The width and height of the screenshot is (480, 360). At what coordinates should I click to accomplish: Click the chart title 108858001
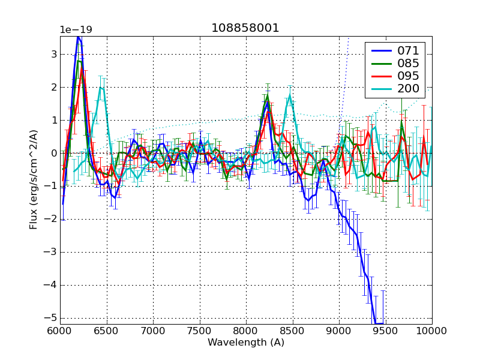[x=245, y=28]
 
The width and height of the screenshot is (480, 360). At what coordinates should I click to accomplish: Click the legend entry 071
[x=408, y=50]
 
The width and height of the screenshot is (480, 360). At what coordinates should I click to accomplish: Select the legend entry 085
[x=408, y=63]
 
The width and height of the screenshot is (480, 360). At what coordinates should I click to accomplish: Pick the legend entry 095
[x=408, y=76]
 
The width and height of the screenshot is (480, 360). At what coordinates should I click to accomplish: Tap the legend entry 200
[x=408, y=89]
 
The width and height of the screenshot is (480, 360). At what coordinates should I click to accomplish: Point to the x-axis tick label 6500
[x=106, y=331]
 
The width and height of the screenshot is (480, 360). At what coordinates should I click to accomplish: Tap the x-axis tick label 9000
[x=339, y=331]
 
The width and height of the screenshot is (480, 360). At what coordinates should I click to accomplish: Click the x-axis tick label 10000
[x=432, y=331]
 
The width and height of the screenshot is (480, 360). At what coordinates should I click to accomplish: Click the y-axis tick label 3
[x=53, y=54]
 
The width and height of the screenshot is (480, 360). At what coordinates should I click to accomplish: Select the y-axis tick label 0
[x=53, y=153]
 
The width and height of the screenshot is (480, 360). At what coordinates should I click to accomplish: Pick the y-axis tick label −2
[x=51, y=219]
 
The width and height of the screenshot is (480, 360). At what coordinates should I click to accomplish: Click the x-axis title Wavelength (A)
[x=245, y=343]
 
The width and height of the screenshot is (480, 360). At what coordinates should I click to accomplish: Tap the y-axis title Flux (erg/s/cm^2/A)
[x=34, y=180]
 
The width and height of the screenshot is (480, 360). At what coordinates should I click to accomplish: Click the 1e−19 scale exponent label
[x=76, y=30]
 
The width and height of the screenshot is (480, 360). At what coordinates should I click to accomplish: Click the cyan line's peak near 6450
[x=101, y=88]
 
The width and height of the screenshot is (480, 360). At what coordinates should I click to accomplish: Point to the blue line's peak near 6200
[x=78, y=37]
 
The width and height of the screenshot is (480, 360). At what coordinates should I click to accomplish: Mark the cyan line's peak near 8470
[x=290, y=95]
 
